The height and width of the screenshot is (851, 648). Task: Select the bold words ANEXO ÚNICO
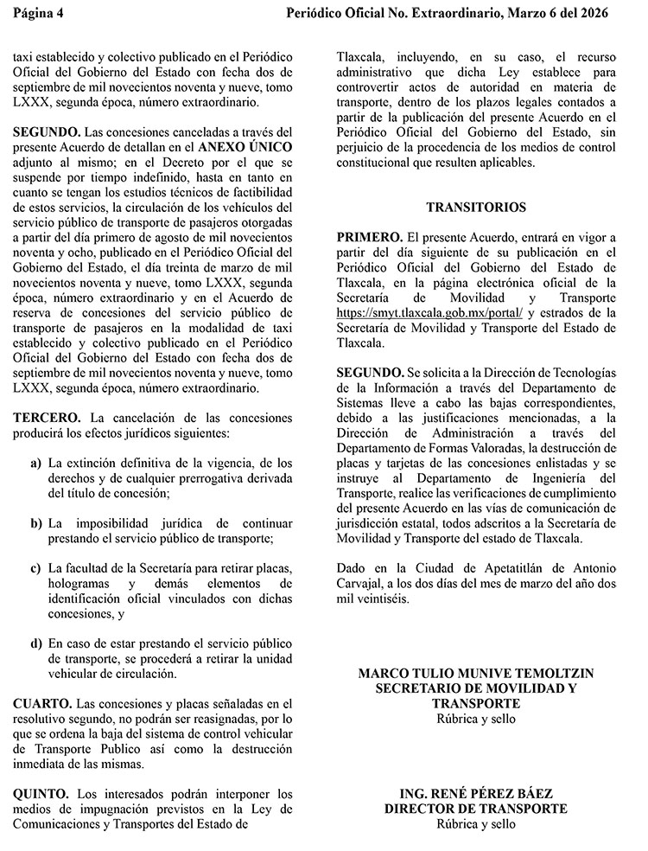pos(245,147)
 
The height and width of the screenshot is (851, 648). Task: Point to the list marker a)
pos(35,464)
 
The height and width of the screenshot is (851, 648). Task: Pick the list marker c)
pos(35,567)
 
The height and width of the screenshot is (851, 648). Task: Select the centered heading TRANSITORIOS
pos(475,208)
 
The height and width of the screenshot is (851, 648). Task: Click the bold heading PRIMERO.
pos(369,236)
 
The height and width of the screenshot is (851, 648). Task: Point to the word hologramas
pos(84,583)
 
